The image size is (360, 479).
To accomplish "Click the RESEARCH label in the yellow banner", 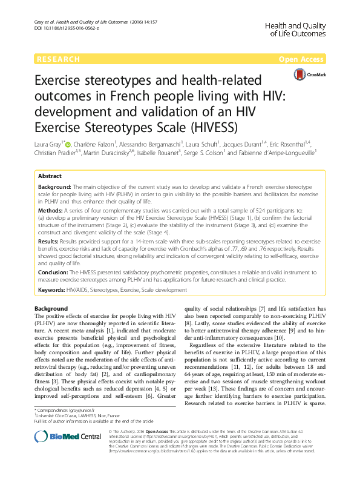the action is (58, 59).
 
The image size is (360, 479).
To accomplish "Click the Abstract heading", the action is (50, 175).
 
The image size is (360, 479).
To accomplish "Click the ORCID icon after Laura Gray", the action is (67, 144).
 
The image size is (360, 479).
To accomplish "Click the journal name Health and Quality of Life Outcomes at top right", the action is (296, 27).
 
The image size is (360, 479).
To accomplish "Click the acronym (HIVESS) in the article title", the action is (212, 128).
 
